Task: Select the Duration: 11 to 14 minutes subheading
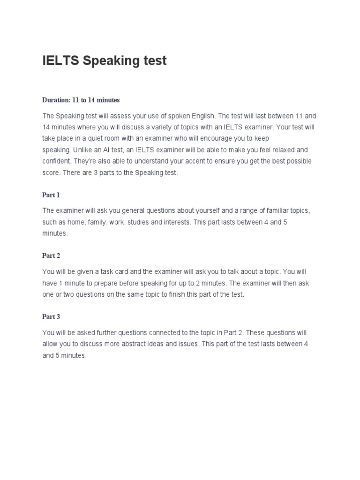tap(81, 100)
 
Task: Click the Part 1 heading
tap(51, 195)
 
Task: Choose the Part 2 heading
tap(51, 255)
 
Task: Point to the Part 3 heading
tap(51, 316)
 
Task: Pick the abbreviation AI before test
tap(107, 150)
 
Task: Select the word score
tap(51, 173)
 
